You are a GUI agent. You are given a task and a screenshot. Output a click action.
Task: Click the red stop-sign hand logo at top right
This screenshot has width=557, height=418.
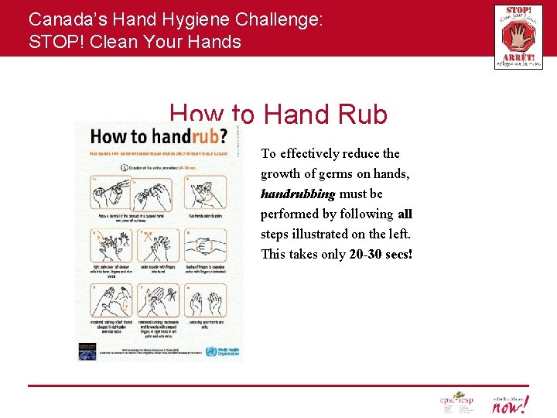coord(518,37)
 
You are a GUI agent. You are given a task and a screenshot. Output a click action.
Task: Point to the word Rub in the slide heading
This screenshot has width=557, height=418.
coord(359,115)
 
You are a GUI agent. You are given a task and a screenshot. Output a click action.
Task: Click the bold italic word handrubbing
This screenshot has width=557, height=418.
coord(298,194)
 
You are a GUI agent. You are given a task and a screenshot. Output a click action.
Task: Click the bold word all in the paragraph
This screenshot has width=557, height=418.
coord(405,214)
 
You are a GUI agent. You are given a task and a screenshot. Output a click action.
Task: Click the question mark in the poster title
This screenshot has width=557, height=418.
coord(223,137)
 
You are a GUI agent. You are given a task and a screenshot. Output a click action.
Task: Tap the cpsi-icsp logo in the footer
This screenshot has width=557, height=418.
coord(456,403)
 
